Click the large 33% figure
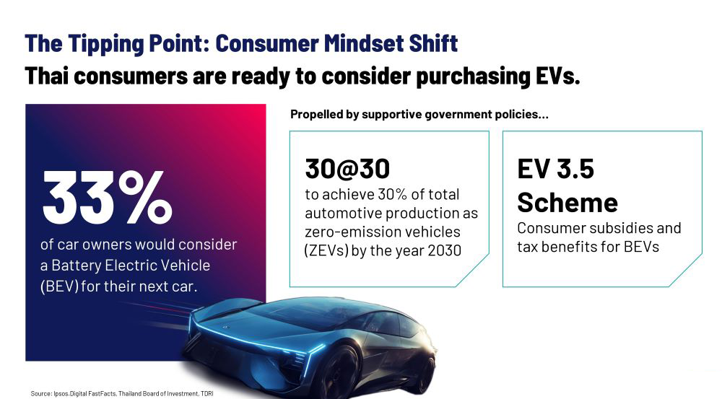point(108,197)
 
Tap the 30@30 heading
point(347,168)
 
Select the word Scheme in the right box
point(567,203)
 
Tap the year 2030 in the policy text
point(444,250)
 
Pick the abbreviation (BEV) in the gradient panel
point(59,286)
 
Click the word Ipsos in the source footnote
point(61,394)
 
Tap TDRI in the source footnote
point(206,394)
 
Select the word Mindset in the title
point(357,43)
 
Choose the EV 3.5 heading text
point(556,168)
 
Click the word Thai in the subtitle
point(46,76)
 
